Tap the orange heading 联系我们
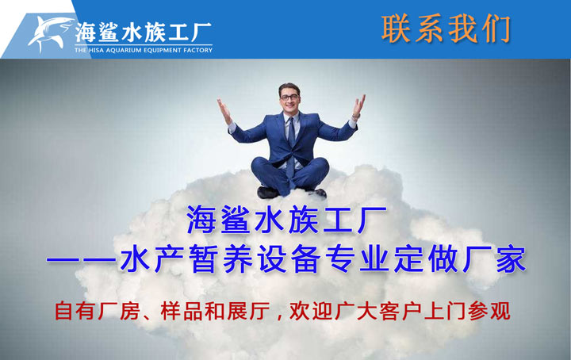click(446, 29)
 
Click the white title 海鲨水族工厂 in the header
click(144, 33)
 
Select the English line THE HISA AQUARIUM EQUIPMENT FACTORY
click(144, 50)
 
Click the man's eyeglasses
click(289, 98)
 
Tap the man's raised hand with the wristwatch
click(358, 105)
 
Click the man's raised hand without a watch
click(224, 111)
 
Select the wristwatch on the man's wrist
click(356, 117)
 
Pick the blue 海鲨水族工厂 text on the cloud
click(286, 220)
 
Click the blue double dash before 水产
click(81, 259)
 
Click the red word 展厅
click(248, 311)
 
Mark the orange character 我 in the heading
click(462, 29)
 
